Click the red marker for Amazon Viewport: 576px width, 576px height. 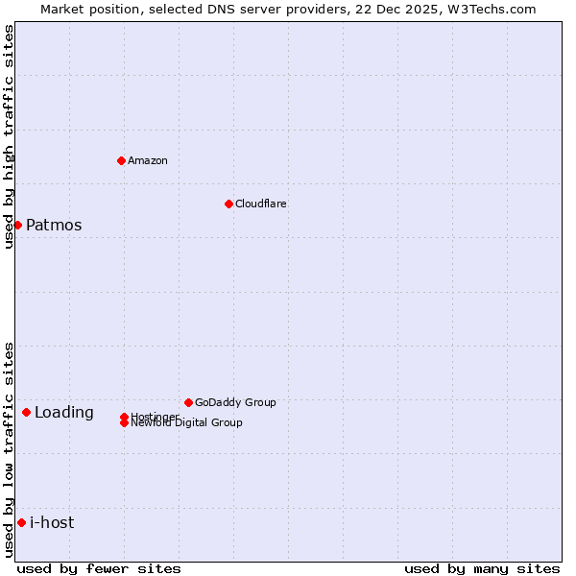pos(121,160)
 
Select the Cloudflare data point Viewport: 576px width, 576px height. pos(228,204)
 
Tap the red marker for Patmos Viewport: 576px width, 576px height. pos(17,225)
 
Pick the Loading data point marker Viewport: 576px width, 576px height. pos(26,412)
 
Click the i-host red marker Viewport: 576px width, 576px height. pos(21,522)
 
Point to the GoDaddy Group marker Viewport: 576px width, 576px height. pos(188,402)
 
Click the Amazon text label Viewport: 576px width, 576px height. pos(148,160)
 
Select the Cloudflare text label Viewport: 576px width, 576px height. pos(261,204)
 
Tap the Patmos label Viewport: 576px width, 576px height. pos(54,226)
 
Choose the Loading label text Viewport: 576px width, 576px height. pos(64,413)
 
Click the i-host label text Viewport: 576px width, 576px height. pos(52,523)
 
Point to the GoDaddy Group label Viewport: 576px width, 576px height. pos(235,402)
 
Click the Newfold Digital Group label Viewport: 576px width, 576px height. pos(187,423)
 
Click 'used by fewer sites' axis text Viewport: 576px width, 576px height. pos(99,568)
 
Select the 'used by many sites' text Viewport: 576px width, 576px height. pos(482,568)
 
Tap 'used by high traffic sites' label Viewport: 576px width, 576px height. pos(9,137)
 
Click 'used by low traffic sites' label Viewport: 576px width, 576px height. pos(9,449)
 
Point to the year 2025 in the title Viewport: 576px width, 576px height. pos(429,9)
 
